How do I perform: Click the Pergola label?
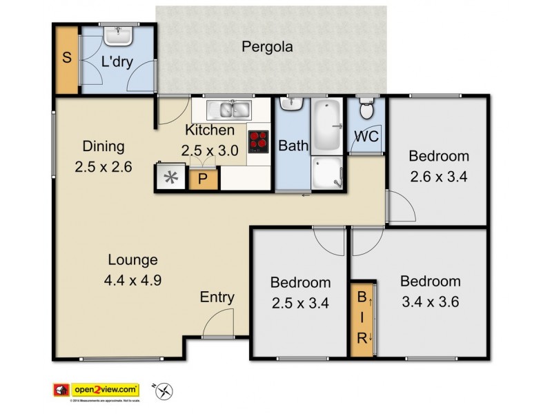tap(267, 48)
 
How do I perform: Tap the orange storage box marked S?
tap(67, 59)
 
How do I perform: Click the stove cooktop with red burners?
tap(258, 141)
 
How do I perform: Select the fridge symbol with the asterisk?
tap(170, 178)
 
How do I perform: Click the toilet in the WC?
tap(367, 110)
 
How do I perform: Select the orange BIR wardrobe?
tap(362, 318)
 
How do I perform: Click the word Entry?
tap(217, 297)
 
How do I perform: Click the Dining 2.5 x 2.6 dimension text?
tap(103, 166)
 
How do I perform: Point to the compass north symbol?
tap(164, 391)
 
